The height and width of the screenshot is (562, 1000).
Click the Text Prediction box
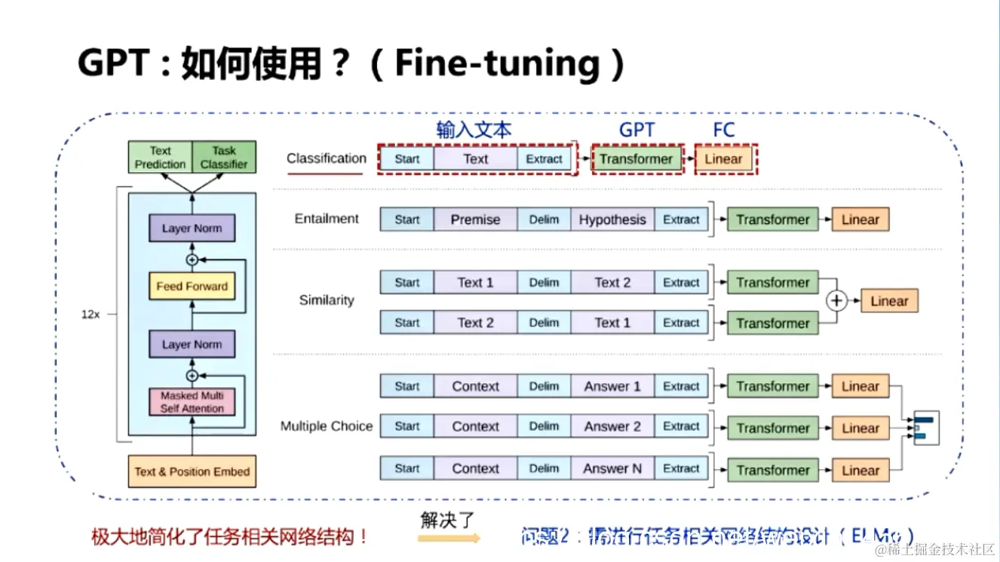click(x=160, y=157)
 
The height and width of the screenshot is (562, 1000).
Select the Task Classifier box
click(x=224, y=157)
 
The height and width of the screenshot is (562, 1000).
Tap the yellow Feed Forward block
click(x=192, y=287)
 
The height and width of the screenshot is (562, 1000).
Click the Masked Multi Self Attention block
click(x=192, y=401)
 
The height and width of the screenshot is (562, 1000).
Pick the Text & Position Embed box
click(x=192, y=471)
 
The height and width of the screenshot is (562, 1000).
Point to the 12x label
click(x=90, y=315)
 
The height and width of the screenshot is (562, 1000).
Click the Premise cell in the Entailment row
click(x=475, y=220)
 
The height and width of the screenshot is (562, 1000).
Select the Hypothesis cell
click(x=612, y=220)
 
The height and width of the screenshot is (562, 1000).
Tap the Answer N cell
click(x=612, y=468)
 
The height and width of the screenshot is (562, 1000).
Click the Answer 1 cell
click(x=612, y=386)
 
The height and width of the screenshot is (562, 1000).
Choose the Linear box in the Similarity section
click(x=889, y=301)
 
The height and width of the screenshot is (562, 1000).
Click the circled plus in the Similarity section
click(x=836, y=301)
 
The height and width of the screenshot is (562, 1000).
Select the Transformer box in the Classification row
click(x=636, y=159)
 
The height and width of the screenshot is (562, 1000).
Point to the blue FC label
click(x=723, y=130)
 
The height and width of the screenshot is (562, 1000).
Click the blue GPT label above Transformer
click(x=637, y=130)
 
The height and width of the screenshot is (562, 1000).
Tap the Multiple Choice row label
click(x=327, y=426)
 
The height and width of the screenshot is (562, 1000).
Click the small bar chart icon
click(x=925, y=428)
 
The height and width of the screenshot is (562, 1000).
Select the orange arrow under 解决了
click(x=449, y=539)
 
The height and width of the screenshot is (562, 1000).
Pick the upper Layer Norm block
click(x=192, y=229)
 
